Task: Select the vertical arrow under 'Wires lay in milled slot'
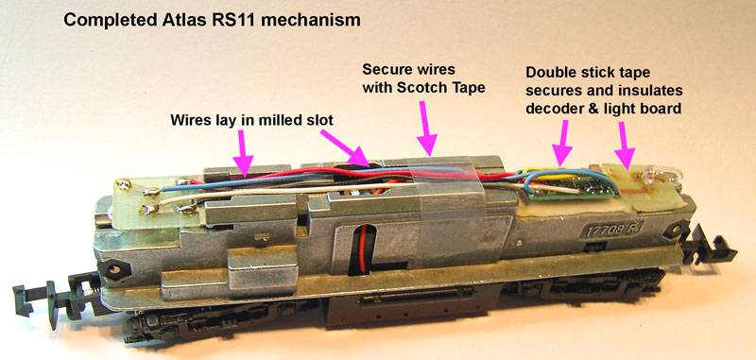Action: (x=244, y=150)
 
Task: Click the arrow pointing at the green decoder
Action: (x=563, y=143)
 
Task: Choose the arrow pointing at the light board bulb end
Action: (x=625, y=143)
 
